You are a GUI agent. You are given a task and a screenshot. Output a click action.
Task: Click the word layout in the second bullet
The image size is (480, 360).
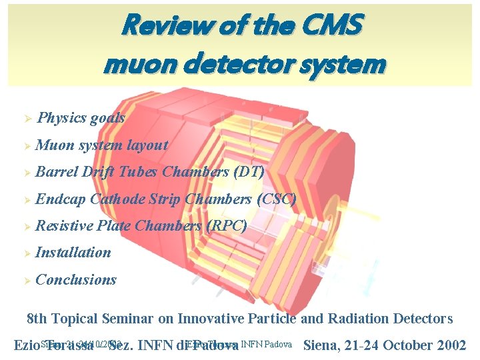(x=147, y=145)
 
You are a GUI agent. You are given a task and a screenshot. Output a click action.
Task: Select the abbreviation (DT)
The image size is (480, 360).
(x=249, y=171)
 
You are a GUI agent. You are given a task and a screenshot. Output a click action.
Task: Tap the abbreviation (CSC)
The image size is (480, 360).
(x=275, y=199)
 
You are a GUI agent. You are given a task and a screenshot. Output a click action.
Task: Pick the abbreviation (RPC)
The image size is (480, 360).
(x=227, y=225)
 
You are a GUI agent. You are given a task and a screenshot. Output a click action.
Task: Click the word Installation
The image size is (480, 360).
(x=73, y=252)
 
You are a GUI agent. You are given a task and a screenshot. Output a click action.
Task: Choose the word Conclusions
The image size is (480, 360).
(x=76, y=279)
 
